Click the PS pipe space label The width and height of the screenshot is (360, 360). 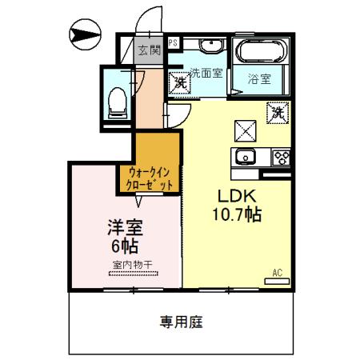coord(172,43)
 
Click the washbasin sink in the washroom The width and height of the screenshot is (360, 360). coord(211,45)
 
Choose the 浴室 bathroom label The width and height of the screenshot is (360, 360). coord(258,79)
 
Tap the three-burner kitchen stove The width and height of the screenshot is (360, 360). coord(281,156)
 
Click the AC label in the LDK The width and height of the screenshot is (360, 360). coord(277,274)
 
